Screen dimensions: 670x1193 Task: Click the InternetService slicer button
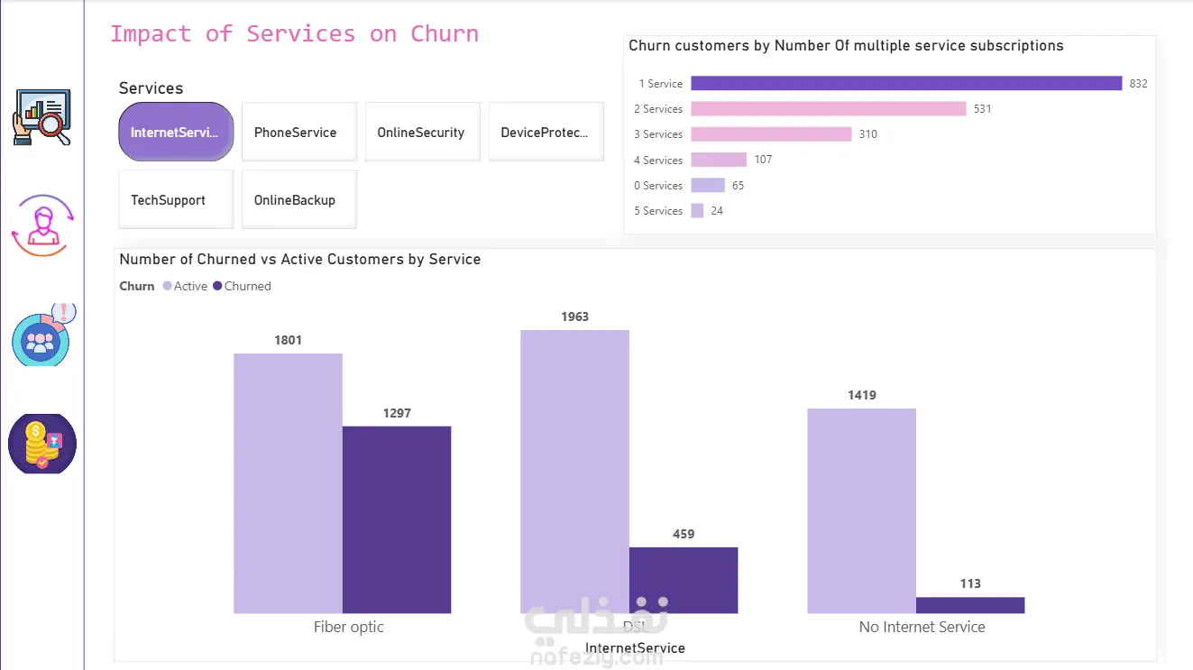(x=176, y=133)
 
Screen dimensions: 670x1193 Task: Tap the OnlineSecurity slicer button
(x=421, y=133)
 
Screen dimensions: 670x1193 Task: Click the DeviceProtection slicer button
(x=545, y=133)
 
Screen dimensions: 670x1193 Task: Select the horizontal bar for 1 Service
(x=906, y=84)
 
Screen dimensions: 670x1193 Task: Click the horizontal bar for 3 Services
(x=771, y=134)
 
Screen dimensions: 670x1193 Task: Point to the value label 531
(x=982, y=109)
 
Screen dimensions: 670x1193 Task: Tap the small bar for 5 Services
(x=697, y=211)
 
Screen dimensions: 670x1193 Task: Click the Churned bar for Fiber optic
(x=397, y=519)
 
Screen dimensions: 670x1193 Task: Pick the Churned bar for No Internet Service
(x=970, y=605)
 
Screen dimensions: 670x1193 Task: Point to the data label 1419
(x=861, y=395)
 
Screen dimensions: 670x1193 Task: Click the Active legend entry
(x=186, y=286)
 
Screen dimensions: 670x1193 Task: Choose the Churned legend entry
(x=243, y=286)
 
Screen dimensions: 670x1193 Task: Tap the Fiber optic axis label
(x=349, y=627)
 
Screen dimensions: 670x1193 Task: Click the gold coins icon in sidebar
(x=41, y=444)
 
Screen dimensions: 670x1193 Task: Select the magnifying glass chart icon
(x=41, y=116)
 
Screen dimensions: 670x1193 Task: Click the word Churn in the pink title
(x=445, y=34)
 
